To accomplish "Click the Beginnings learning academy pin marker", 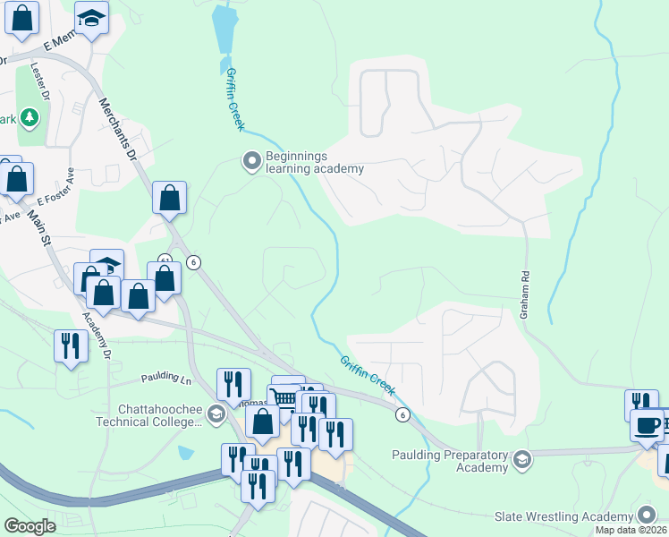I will pyautogui.click(x=251, y=161).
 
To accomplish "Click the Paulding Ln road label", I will pyautogui.click(x=166, y=379).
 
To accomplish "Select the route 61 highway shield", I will pyautogui.click(x=165, y=260).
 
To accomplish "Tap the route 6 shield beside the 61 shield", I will pyautogui.click(x=193, y=262).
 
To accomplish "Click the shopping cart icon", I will pyautogui.click(x=284, y=395).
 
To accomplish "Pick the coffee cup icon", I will pyautogui.click(x=647, y=426).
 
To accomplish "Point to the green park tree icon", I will pyautogui.click(x=30, y=117).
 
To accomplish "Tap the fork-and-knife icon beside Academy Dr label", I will pyautogui.click(x=71, y=345).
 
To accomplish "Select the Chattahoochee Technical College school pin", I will pyautogui.click(x=215, y=413).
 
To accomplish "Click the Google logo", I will pyautogui.click(x=30, y=525).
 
